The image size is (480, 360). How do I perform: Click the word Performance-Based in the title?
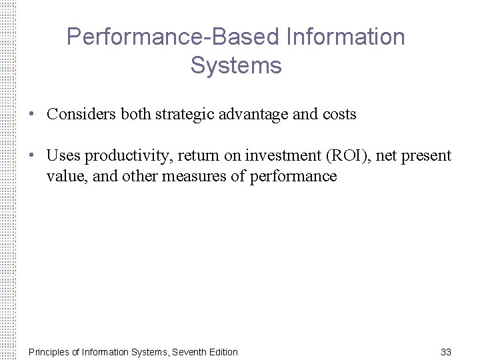click(172, 37)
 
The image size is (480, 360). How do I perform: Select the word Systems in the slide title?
click(236, 66)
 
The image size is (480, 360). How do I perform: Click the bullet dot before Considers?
click(32, 114)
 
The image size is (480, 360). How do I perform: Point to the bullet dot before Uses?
click(32, 156)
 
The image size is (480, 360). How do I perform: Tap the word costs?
click(339, 114)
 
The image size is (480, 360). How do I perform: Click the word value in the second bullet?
click(63, 176)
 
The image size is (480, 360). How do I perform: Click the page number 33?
click(447, 351)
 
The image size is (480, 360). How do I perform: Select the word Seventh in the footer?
click(189, 351)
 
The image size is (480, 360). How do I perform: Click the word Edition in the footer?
click(223, 351)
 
